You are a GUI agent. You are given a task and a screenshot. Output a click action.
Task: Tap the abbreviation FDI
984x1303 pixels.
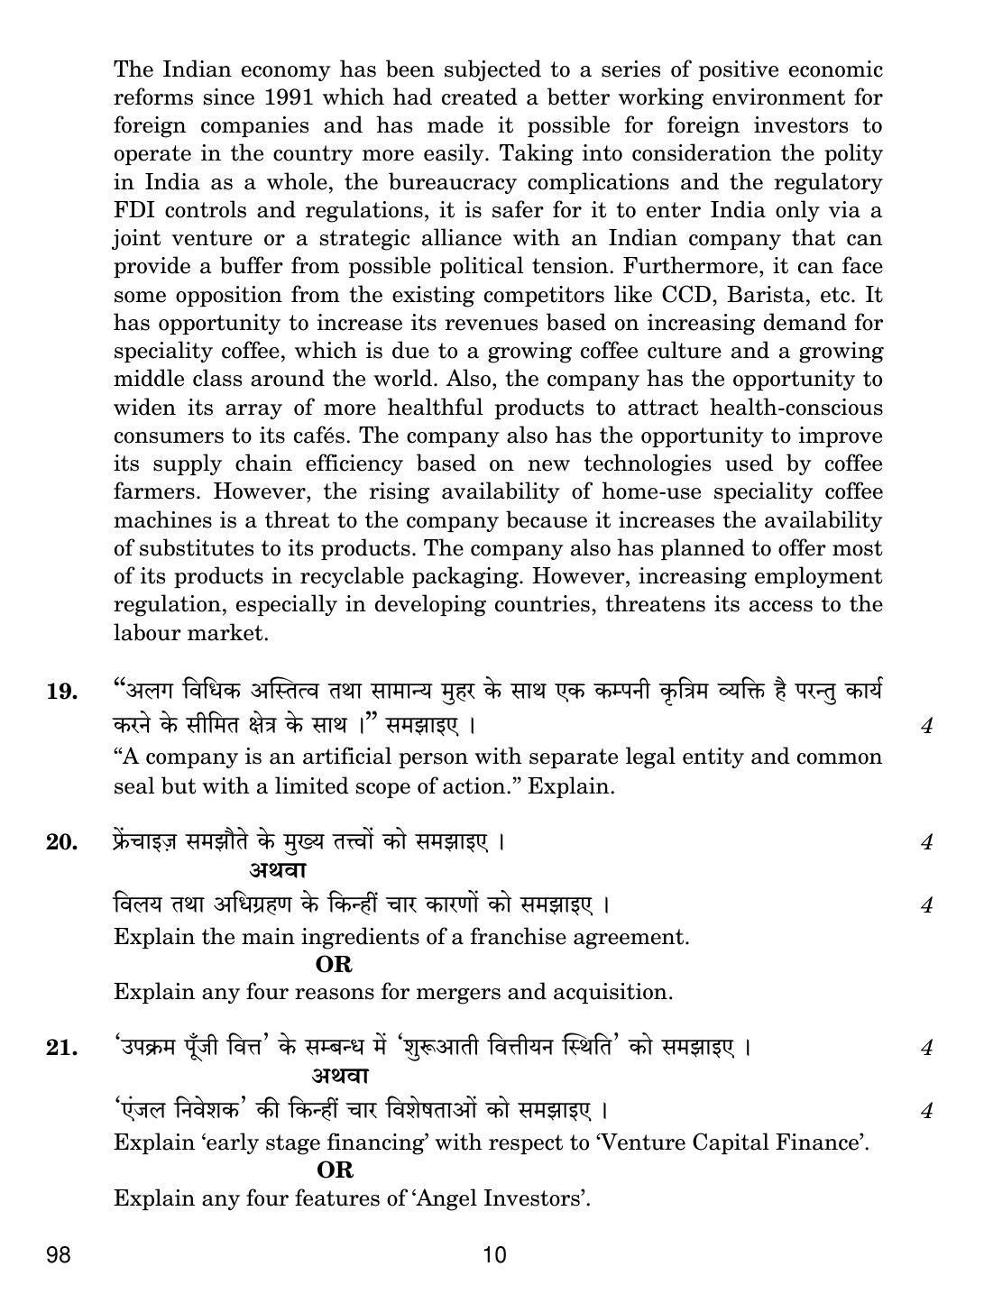click(x=136, y=210)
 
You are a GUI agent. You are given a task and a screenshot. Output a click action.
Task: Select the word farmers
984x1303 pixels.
click(x=156, y=492)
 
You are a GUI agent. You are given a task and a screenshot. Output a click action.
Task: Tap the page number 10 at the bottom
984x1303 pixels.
click(x=495, y=1254)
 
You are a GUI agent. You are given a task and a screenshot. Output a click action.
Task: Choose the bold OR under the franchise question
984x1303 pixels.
click(x=334, y=964)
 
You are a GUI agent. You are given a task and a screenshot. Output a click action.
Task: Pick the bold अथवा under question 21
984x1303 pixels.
click(x=341, y=1076)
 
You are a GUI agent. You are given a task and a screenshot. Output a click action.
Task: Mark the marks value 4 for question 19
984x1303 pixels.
click(x=926, y=726)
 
